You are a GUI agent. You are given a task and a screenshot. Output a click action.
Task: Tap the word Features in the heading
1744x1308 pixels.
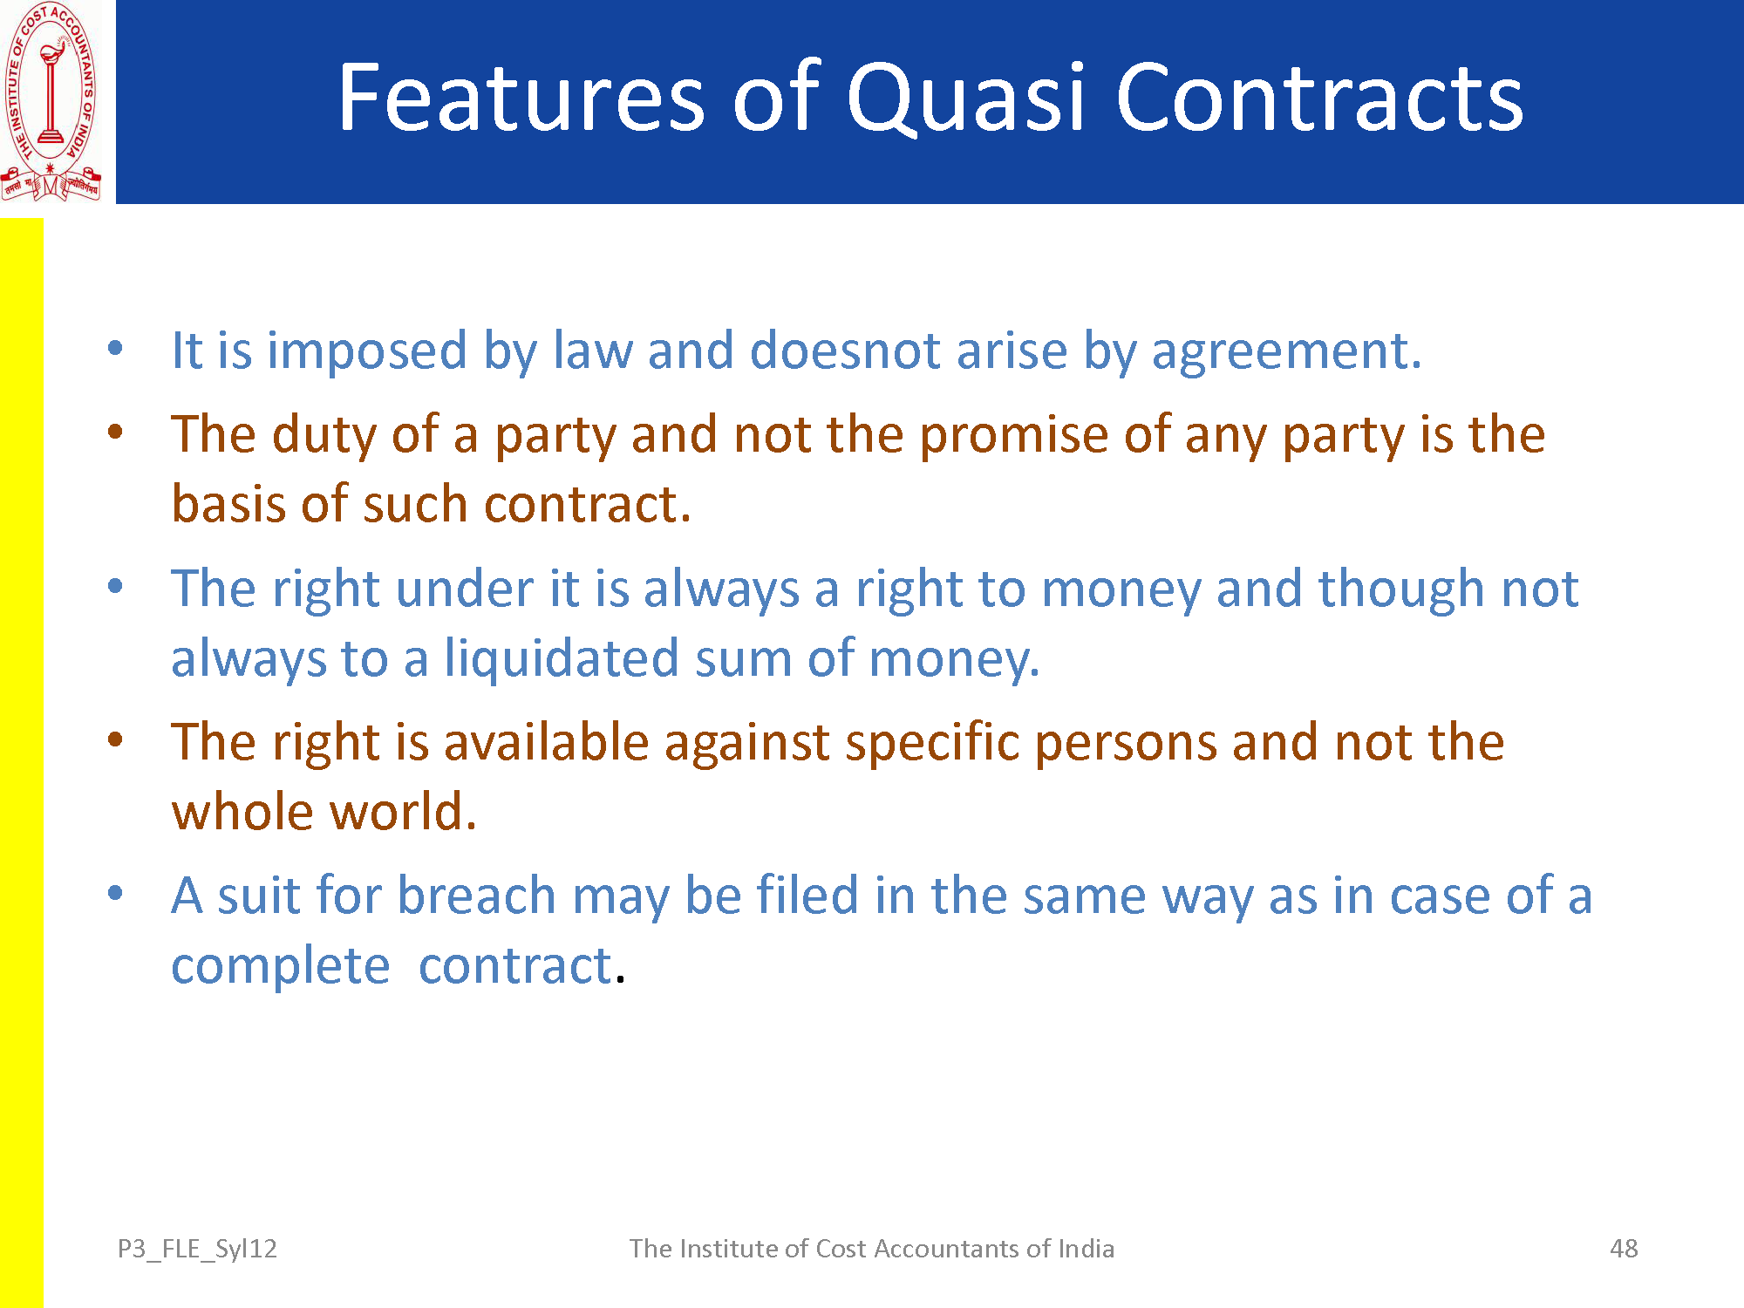pyautogui.click(x=521, y=97)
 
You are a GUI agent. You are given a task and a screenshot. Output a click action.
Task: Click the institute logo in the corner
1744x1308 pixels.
pyautogui.click(x=51, y=102)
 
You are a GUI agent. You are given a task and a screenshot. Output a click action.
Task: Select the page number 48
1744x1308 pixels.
pyautogui.click(x=1624, y=1249)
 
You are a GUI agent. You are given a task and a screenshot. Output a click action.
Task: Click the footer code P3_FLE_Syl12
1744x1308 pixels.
pyautogui.click(x=197, y=1250)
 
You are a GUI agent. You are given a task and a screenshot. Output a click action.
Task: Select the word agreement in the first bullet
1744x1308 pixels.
pyautogui.click(x=1286, y=353)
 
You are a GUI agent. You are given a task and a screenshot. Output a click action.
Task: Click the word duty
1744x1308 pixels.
pyautogui.click(x=324, y=435)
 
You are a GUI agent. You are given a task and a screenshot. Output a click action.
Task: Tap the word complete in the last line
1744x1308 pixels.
pyautogui.click(x=280, y=967)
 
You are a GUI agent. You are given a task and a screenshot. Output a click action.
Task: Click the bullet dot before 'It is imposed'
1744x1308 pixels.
pyautogui.click(x=115, y=350)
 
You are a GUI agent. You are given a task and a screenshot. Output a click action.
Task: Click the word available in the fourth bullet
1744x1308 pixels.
pyautogui.click(x=546, y=742)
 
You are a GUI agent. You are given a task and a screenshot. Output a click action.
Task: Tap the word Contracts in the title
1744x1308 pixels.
pyautogui.click(x=1319, y=97)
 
